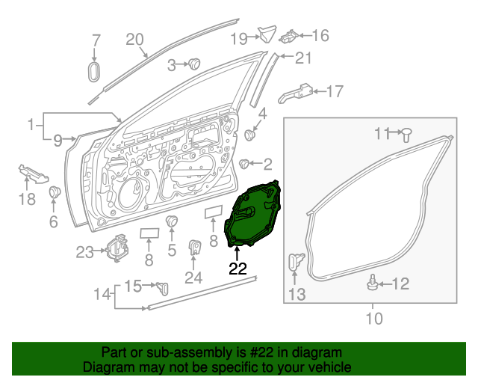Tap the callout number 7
click(x=95, y=40)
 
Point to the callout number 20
click(x=134, y=39)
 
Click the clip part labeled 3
click(x=195, y=64)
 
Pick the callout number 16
click(x=320, y=35)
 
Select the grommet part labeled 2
click(x=244, y=164)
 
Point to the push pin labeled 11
click(x=407, y=135)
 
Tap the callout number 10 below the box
click(x=373, y=319)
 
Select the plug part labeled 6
click(x=55, y=194)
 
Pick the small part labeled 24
click(x=194, y=248)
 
